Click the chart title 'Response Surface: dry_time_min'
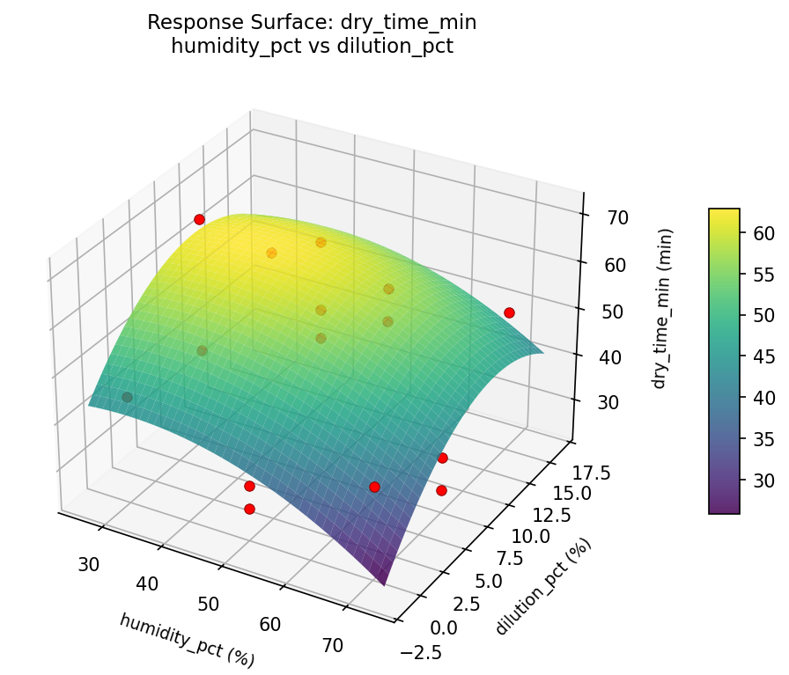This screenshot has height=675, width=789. [x=312, y=22]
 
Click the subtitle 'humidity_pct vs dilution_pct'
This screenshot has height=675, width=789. [x=312, y=46]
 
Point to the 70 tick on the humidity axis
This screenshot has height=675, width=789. [x=332, y=645]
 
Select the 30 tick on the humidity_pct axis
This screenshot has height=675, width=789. [x=88, y=564]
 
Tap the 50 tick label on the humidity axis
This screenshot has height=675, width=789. [x=209, y=604]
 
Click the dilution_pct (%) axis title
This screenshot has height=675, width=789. [x=543, y=586]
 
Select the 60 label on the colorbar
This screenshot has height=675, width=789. [x=763, y=233]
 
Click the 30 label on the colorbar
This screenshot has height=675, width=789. [x=763, y=481]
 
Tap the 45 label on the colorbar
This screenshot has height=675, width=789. [x=763, y=356]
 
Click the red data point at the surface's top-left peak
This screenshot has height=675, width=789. [x=199, y=219]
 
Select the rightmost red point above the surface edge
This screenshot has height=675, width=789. [x=509, y=312]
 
